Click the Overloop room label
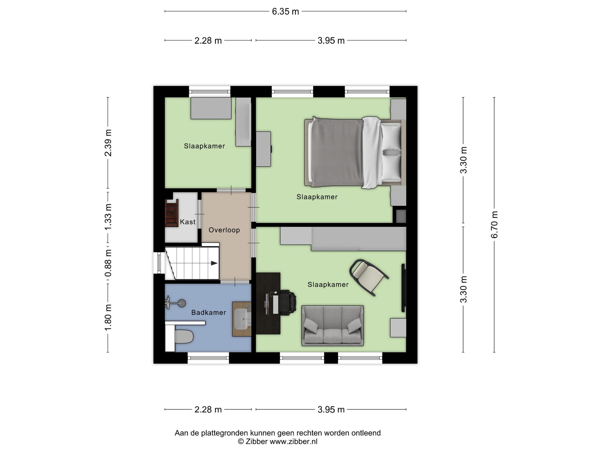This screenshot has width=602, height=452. tap(224, 230)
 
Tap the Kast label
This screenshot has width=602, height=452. tap(188, 222)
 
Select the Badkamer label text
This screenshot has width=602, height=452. tap(209, 313)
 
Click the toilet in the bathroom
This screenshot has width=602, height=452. tap(184, 336)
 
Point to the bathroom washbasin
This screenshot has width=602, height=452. tap(243, 319)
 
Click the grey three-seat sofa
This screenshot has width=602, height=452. tap(332, 325)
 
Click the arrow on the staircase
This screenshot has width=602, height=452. tap(214, 263)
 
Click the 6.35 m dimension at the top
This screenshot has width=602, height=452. tap(285, 11)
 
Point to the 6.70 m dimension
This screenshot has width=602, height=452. tap(494, 225)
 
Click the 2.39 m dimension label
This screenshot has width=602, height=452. tap(108, 143)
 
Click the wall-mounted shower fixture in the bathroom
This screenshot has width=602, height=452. tap(175, 303)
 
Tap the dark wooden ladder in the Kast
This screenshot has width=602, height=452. tap(172, 213)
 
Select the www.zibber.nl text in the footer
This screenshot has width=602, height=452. tap(293, 441)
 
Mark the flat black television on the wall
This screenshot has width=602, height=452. tap(404, 288)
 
